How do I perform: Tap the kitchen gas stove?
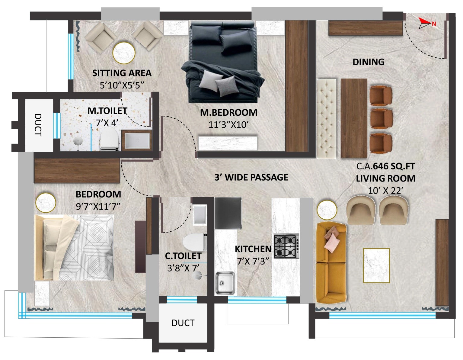coord(286,246)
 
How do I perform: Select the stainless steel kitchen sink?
coord(225,283)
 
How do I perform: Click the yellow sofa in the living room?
coord(331,263)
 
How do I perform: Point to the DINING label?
coord(368,62)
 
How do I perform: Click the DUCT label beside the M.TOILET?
coord(38,125)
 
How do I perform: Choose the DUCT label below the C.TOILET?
coord(183,323)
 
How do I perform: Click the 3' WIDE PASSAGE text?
coord(251,177)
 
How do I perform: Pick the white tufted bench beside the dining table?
coord(326,118)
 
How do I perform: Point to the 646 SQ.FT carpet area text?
coord(394,166)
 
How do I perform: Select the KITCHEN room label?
coord(253,249)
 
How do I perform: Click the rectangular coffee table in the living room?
coord(376,265)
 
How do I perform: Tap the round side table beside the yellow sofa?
coord(327,209)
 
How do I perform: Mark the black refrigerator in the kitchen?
coord(228,213)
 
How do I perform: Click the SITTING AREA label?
coord(122,73)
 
